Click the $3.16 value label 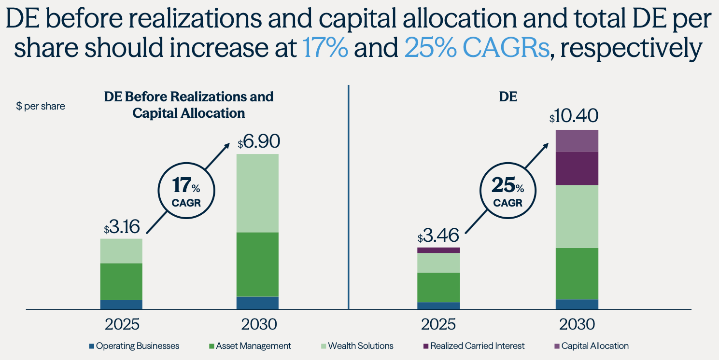121,227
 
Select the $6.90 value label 258,142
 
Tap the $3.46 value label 438,236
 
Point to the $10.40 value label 574,117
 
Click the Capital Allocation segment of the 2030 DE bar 577,141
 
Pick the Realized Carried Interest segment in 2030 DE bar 577,168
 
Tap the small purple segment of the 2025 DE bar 438,250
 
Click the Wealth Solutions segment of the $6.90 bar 257,193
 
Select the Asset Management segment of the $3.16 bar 121,281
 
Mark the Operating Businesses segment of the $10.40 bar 577,304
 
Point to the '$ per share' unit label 41,106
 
